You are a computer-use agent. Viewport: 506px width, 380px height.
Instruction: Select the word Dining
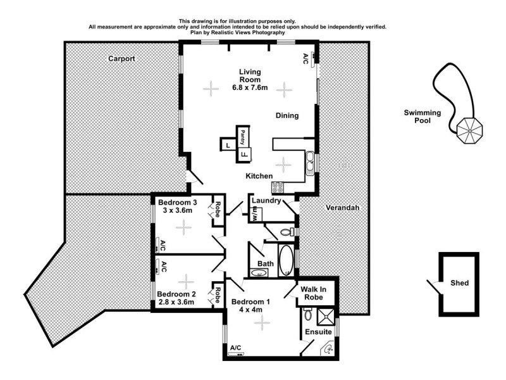(287, 115)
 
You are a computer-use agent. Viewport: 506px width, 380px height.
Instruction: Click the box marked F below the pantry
(244, 154)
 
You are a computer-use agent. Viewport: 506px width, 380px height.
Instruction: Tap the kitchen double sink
(310, 163)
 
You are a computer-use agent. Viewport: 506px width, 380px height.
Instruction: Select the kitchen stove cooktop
(278, 186)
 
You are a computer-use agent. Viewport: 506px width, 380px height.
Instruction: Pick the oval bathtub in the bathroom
(286, 259)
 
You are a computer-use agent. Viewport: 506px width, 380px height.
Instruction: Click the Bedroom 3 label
(178, 203)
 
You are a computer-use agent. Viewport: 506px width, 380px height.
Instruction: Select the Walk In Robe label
(314, 293)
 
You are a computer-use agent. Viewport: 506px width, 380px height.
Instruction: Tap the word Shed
(460, 282)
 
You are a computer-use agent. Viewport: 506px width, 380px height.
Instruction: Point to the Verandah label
(342, 208)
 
